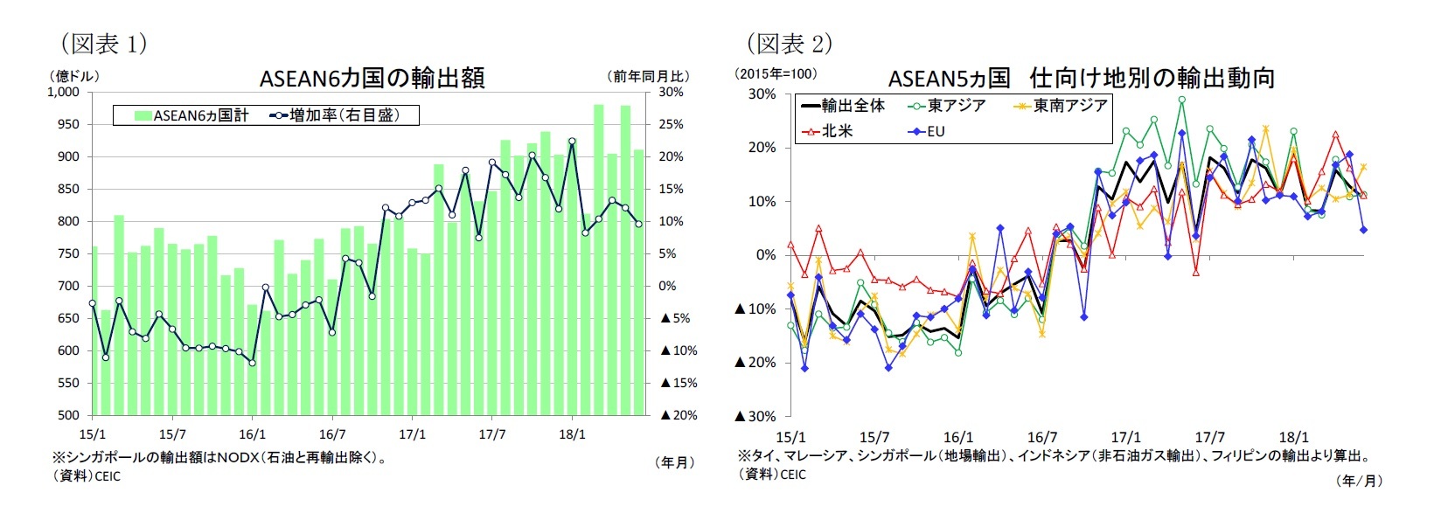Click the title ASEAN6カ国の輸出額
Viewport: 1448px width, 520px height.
point(372,78)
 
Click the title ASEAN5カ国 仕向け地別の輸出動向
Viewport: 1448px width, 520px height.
point(1081,78)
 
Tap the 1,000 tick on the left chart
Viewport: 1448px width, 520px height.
point(63,92)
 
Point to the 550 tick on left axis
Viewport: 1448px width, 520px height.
point(68,383)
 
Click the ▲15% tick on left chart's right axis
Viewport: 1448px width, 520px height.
point(679,383)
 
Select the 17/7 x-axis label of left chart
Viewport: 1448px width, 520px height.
point(492,433)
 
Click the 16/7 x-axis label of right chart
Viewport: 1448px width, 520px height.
point(1041,437)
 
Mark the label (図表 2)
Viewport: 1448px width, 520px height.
point(789,43)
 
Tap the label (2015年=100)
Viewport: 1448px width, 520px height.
point(776,73)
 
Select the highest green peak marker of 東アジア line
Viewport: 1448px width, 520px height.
point(1181,100)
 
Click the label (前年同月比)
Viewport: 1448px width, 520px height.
point(648,76)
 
